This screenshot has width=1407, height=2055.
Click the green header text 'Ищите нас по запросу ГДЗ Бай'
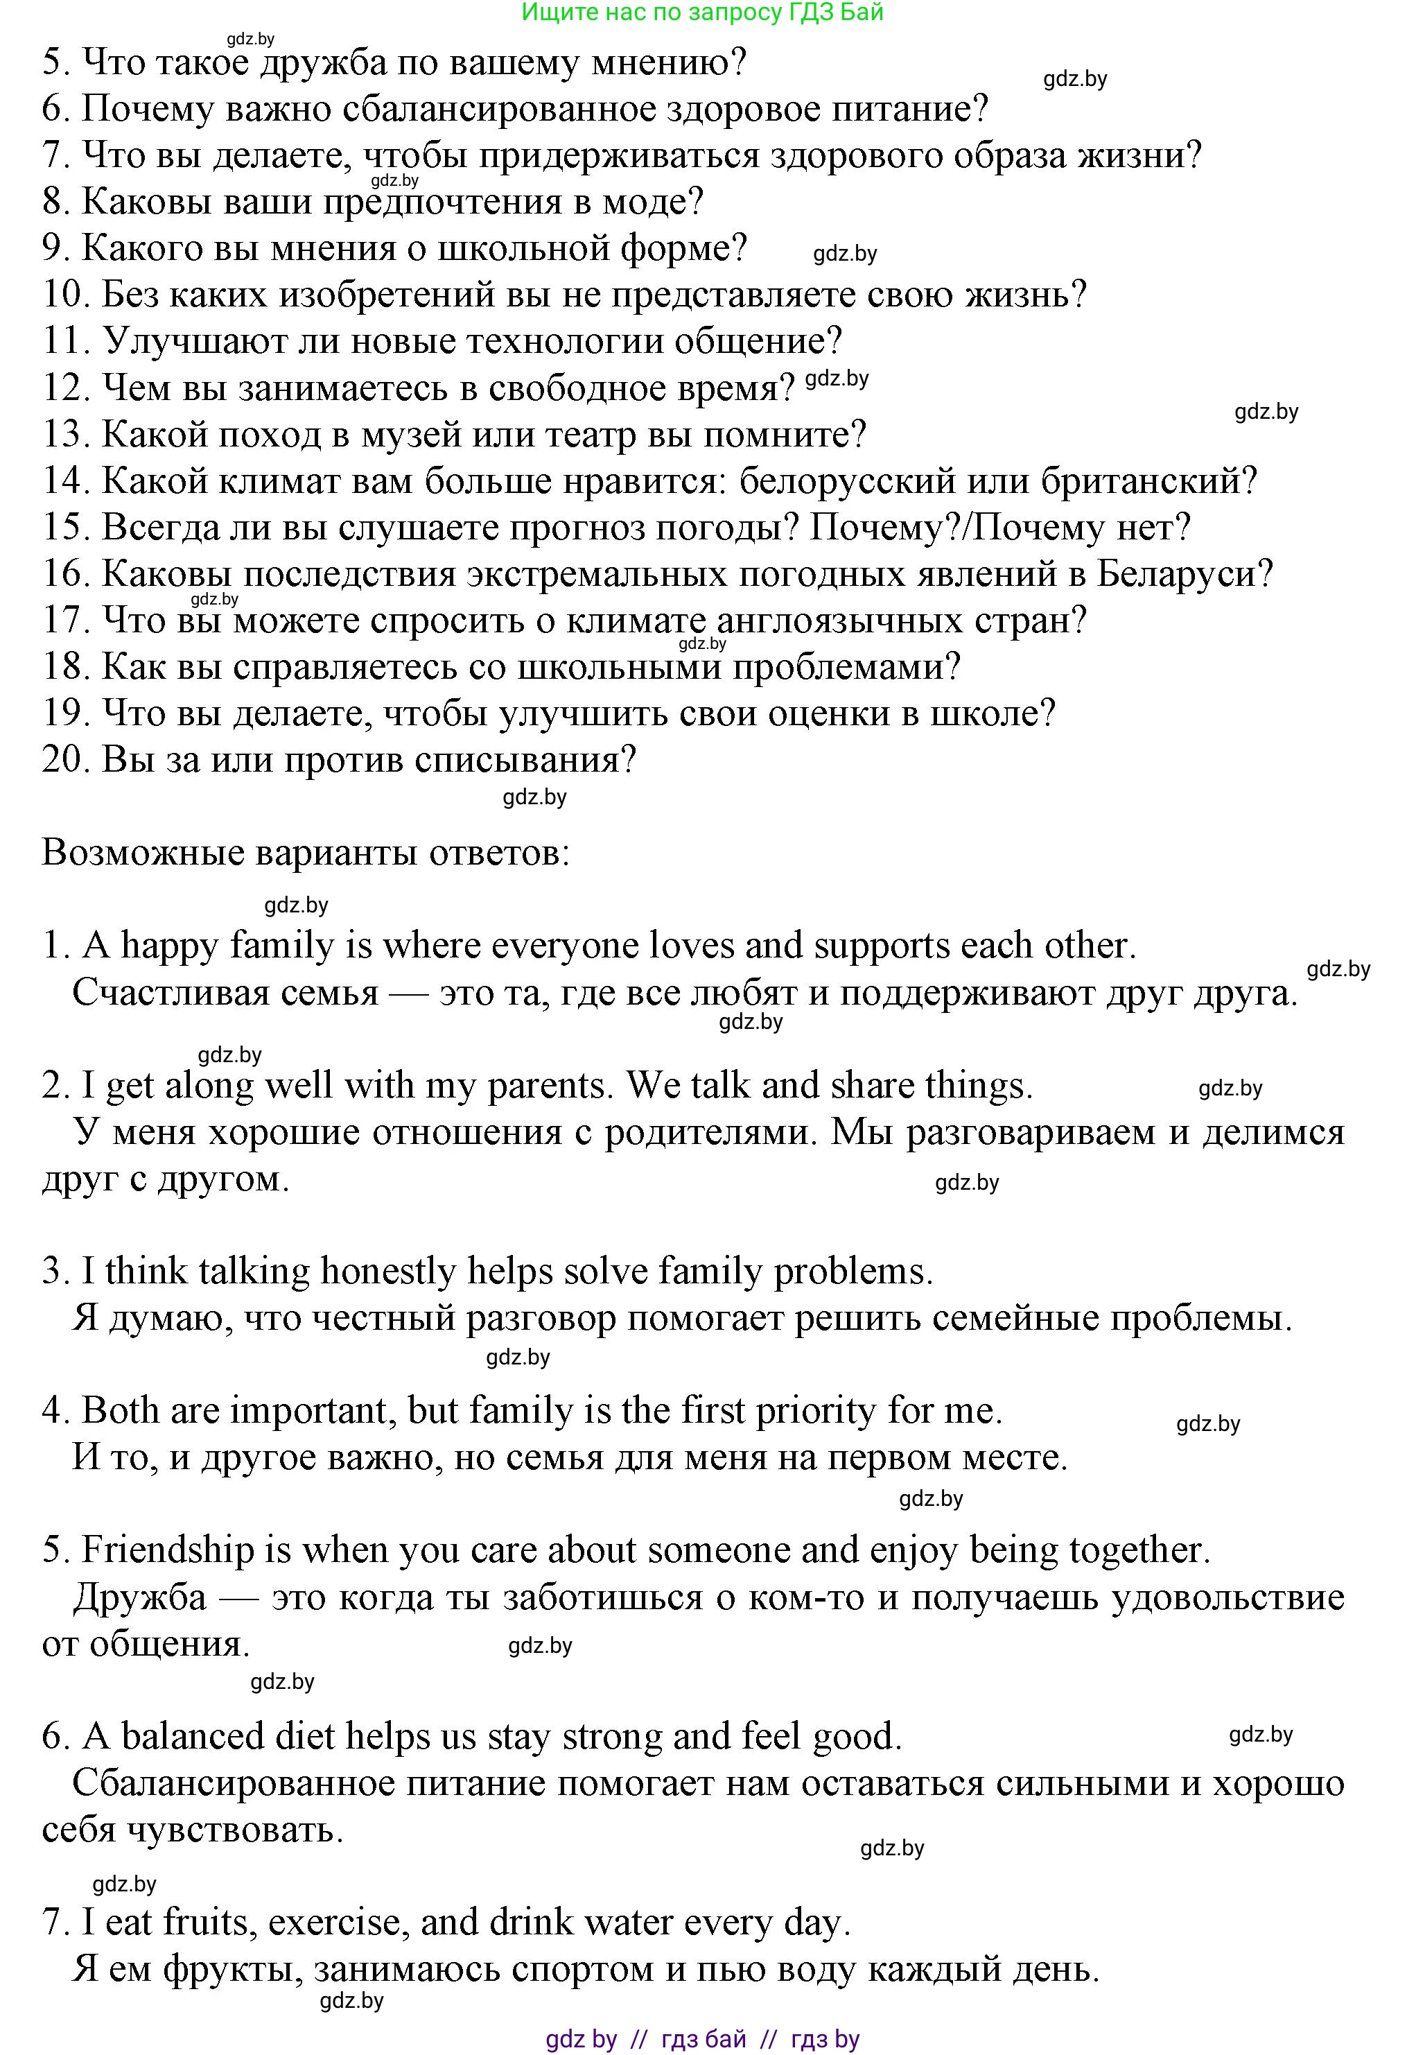[703, 12]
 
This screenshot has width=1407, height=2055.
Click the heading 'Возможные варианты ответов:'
[306, 853]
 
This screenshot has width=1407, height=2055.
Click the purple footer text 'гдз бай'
[703, 2039]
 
